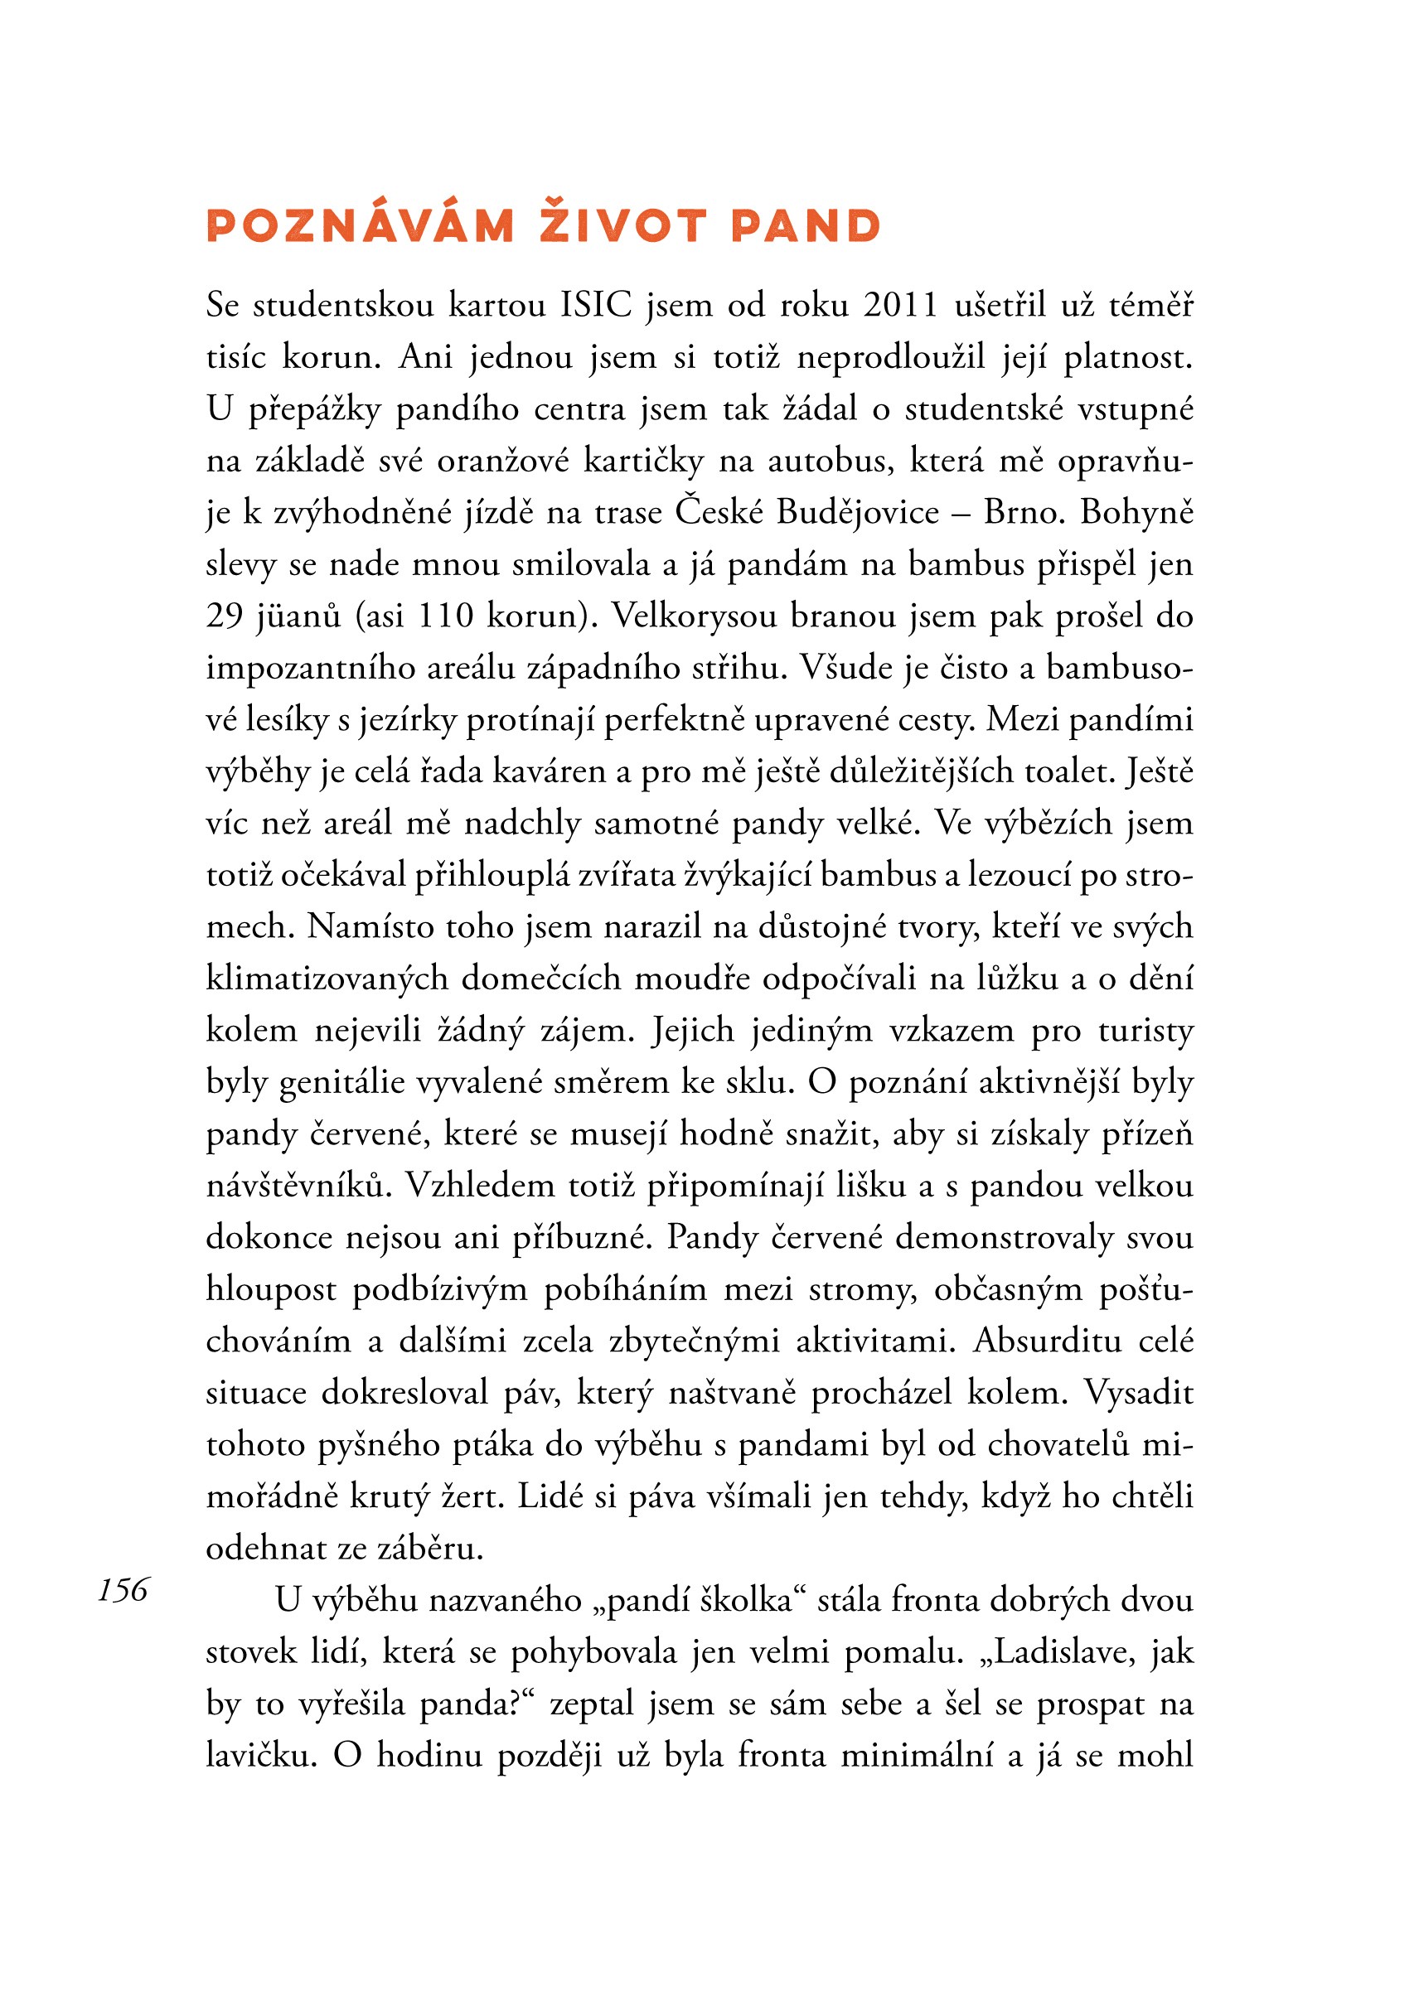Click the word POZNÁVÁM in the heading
coord(360,225)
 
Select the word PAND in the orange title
coord(806,225)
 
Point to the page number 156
coord(124,1590)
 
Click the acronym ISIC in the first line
coord(596,306)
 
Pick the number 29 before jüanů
coord(225,616)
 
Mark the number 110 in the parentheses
coord(446,616)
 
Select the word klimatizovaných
coord(327,979)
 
